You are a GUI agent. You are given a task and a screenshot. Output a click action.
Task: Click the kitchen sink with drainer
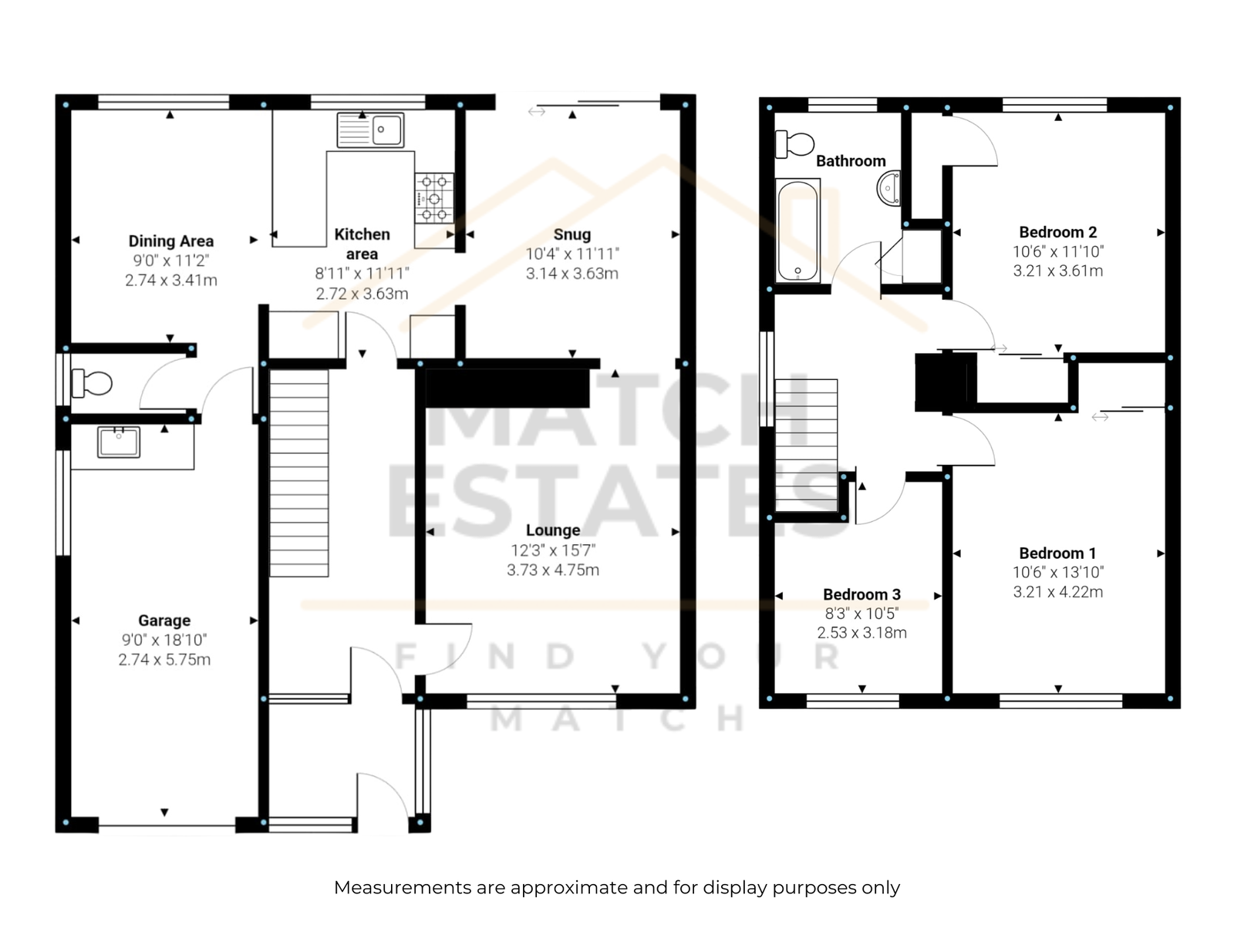[x=370, y=129]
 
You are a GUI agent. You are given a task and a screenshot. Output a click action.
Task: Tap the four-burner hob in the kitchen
[x=434, y=198]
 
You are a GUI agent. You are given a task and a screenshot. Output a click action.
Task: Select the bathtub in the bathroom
[x=797, y=230]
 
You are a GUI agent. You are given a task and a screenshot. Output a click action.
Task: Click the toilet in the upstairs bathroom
[x=794, y=144]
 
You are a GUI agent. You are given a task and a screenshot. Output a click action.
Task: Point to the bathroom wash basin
[x=888, y=188]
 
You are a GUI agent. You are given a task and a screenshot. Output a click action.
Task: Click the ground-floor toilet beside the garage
[x=93, y=383]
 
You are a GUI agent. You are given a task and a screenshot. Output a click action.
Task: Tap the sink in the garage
[x=119, y=442]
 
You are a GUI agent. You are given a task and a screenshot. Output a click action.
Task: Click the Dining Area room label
[x=171, y=241]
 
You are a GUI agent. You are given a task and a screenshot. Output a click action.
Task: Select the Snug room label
[x=571, y=234]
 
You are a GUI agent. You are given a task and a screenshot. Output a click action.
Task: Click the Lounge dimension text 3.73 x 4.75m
[x=553, y=570]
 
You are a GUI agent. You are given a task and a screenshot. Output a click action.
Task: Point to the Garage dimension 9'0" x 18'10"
[x=164, y=640]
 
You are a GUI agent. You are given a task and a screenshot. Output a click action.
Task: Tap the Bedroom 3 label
[x=861, y=594]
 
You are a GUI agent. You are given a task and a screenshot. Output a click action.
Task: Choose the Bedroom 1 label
[x=1057, y=553]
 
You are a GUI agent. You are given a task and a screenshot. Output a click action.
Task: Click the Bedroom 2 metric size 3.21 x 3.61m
[x=1057, y=271]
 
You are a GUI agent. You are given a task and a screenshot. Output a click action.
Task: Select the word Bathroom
[x=851, y=161]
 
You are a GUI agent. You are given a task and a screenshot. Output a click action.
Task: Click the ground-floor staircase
[x=299, y=473]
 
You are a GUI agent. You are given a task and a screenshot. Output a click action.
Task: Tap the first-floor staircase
[x=806, y=446]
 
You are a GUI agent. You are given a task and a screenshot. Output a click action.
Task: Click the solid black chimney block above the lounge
[x=507, y=388]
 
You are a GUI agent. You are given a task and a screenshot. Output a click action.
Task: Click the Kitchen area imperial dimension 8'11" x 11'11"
[x=362, y=274]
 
